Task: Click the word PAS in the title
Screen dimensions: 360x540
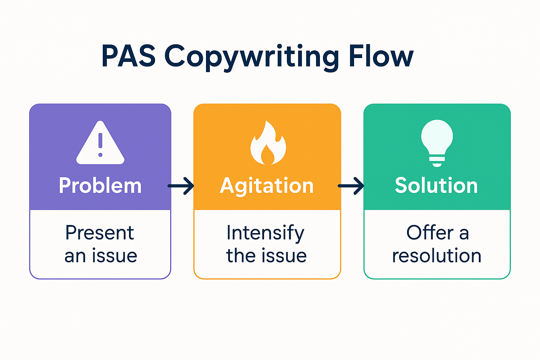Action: (128, 56)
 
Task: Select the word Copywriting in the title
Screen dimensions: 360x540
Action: (251, 57)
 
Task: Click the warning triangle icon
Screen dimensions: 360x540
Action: (100, 144)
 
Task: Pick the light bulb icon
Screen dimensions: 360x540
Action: (437, 142)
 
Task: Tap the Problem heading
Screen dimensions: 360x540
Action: (100, 186)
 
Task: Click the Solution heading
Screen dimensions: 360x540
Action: (436, 185)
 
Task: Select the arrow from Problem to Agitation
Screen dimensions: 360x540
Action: (181, 186)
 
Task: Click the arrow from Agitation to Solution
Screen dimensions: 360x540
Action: (351, 186)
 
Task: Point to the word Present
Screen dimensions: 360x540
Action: (100, 233)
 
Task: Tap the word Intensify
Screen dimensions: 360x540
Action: (265, 233)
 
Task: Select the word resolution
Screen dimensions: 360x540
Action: (437, 256)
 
